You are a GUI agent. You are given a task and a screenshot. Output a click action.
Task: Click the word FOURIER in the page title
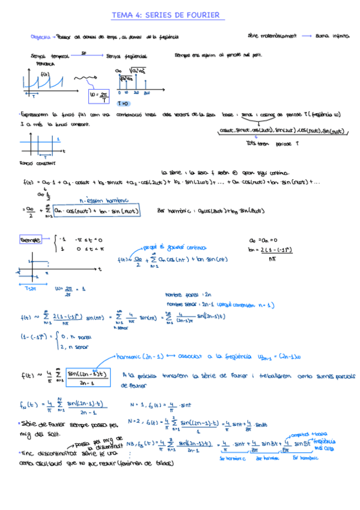click(x=202, y=15)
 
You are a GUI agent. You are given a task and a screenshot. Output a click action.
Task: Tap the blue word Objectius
click(x=39, y=37)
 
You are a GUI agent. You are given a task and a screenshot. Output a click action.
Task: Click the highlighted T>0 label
click(x=123, y=103)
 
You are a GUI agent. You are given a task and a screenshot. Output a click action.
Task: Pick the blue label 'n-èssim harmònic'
click(x=104, y=200)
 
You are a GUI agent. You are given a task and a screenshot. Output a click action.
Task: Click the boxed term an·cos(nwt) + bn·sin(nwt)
click(x=95, y=211)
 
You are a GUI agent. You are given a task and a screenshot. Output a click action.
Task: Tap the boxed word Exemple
click(x=30, y=240)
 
